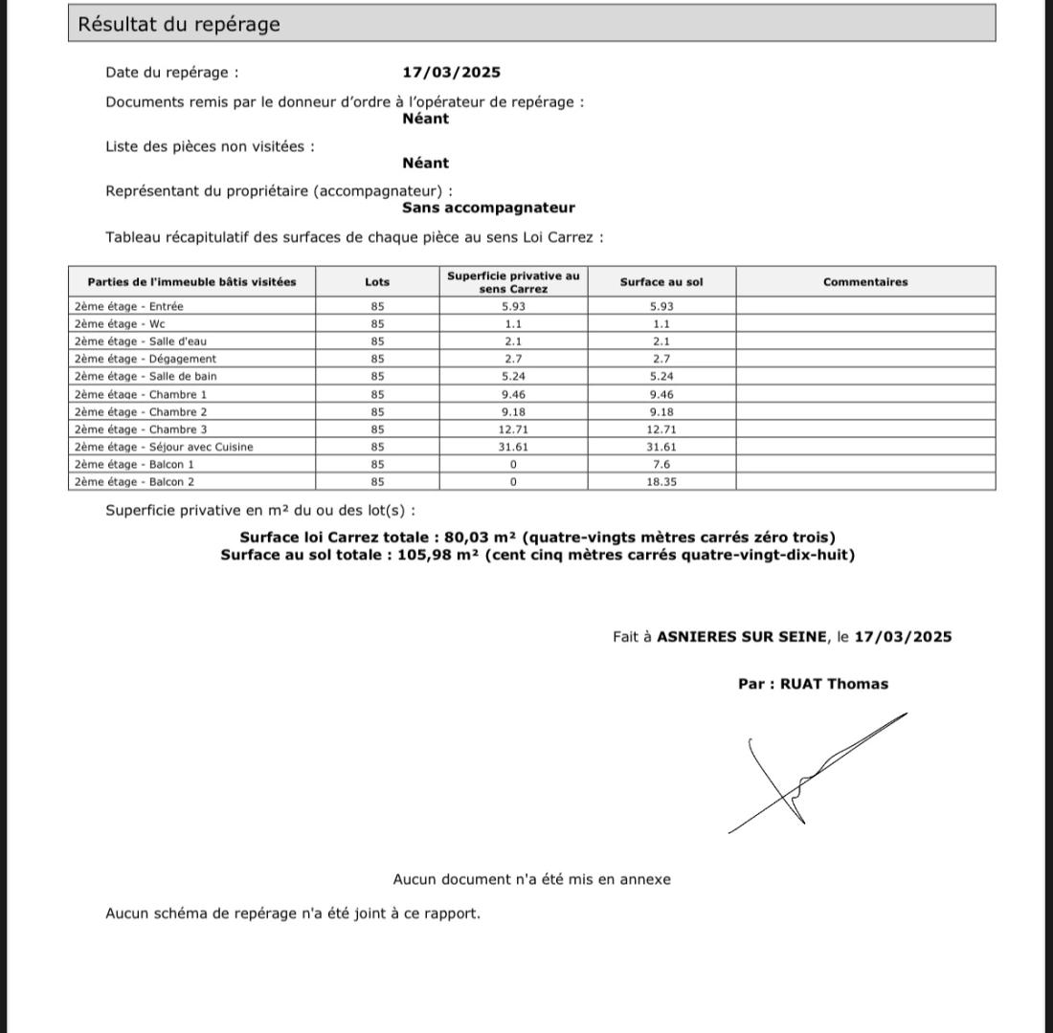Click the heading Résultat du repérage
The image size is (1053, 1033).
tap(179, 24)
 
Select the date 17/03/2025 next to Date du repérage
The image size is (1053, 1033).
tap(452, 72)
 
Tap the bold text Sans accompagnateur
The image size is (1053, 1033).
tap(488, 208)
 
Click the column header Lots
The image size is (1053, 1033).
tap(377, 282)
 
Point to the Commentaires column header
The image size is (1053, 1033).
tap(865, 282)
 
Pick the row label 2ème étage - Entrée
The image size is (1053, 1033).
tap(128, 306)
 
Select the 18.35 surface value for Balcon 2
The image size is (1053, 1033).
tap(661, 482)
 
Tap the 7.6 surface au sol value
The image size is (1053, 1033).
tap(661, 465)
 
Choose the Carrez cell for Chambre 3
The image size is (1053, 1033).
tap(513, 429)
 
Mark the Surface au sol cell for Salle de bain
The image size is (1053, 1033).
tap(661, 377)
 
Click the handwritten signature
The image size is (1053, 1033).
tap(809, 775)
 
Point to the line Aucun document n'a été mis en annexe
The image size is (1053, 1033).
tap(531, 879)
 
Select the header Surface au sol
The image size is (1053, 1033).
tap(661, 282)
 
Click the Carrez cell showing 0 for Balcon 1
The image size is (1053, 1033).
tap(513, 465)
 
